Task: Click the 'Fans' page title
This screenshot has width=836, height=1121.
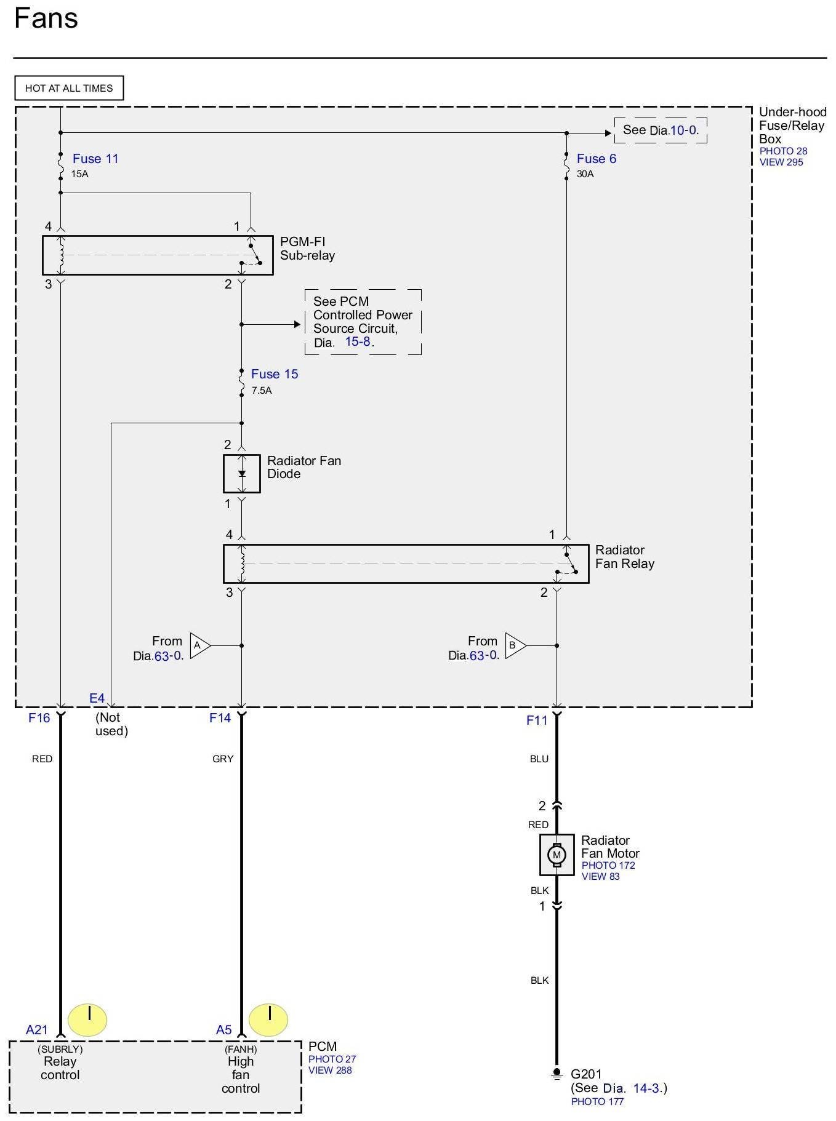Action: tap(46, 18)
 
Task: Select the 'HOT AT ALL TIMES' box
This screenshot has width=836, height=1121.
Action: tap(69, 88)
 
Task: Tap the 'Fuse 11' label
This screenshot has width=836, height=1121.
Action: tap(95, 159)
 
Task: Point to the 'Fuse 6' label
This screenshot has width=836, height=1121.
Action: tap(596, 159)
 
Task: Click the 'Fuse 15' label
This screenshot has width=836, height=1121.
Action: tap(275, 374)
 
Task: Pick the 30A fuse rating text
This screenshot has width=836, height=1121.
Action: tap(585, 174)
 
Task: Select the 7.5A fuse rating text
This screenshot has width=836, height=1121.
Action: tap(262, 391)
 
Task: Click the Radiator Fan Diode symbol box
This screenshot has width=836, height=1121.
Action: tap(242, 474)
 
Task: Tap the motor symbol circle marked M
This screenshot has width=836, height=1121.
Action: tap(557, 855)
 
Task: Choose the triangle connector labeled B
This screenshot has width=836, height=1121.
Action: tap(515, 645)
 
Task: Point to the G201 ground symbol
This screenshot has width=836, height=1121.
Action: tap(557, 1074)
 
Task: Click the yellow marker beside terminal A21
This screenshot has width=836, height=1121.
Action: tap(87, 1019)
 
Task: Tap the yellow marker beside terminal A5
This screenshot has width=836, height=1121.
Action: tap(268, 1019)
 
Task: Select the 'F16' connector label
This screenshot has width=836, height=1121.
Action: tap(39, 718)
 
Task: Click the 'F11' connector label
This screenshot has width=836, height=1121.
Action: tap(537, 720)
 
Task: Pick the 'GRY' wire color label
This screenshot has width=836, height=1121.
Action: tap(223, 759)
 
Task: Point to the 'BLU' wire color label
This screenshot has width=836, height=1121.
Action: tap(539, 759)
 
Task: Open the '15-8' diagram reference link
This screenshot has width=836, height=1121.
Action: tap(358, 341)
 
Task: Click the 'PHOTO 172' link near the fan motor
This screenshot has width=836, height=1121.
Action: tap(608, 865)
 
